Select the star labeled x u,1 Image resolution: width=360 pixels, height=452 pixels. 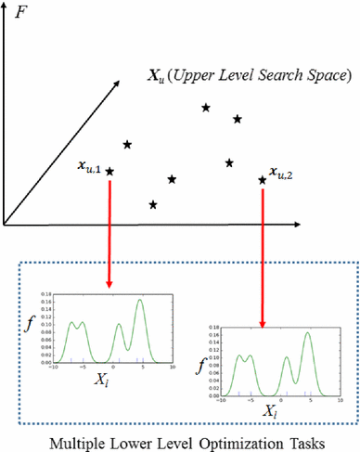(110, 172)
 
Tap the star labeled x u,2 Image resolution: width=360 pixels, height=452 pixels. (262, 179)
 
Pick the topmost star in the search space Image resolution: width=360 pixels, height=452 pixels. (205, 108)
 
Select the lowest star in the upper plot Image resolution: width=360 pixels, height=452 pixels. (153, 204)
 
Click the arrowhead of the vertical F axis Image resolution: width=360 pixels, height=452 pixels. (6, 6)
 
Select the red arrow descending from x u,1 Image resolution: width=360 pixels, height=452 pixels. (110, 232)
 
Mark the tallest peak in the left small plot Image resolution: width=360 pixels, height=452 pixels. (139, 300)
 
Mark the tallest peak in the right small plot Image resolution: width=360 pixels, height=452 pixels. (307, 333)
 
